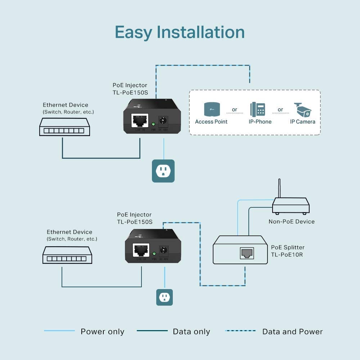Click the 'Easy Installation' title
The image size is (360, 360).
180,32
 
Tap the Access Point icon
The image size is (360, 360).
212,109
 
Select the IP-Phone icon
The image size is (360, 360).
258,109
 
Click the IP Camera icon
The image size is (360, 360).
302,109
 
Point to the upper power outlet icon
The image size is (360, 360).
163,171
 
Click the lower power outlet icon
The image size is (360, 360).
165,297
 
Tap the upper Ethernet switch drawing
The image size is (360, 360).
64,127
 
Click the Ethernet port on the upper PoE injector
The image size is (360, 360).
140,120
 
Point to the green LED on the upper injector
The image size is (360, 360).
153,124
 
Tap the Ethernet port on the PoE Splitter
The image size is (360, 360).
247,253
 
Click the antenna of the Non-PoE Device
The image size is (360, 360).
279,188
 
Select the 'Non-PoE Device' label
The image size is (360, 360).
292,221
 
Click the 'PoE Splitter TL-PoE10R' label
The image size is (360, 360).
288,251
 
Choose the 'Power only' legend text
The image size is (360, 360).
102,332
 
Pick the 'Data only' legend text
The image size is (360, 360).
191,332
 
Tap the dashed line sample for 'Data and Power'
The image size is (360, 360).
240,331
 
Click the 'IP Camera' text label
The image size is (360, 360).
302,122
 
